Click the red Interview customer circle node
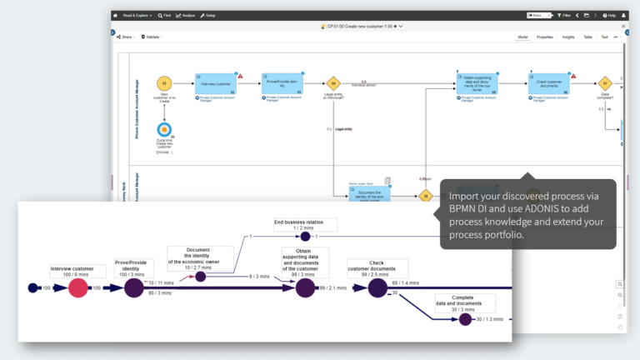(77, 288)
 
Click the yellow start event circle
(164, 83)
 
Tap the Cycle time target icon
(164, 130)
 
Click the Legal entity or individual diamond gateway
(333, 83)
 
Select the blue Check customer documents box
(549, 83)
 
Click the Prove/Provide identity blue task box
(282, 83)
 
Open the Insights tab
(568, 37)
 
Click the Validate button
(151, 37)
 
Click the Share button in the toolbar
(125, 37)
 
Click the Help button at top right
(609, 15)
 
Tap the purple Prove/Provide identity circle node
(134, 288)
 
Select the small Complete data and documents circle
(464, 319)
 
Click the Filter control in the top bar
(565, 15)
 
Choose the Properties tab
(545, 37)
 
